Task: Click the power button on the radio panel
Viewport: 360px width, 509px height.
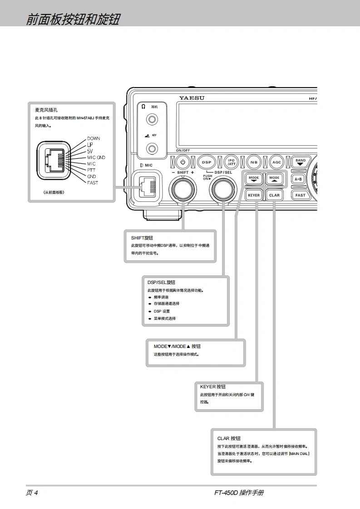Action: pyautogui.click(x=182, y=162)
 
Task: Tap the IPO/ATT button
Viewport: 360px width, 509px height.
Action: pyautogui.click(x=231, y=162)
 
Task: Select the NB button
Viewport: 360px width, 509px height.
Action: pyautogui.click(x=254, y=162)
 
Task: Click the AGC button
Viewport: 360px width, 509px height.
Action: pyautogui.click(x=276, y=162)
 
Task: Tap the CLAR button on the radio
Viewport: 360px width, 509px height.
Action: pyautogui.click(x=274, y=195)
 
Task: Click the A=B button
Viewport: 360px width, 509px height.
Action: pyautogui.click(x=298, y=179)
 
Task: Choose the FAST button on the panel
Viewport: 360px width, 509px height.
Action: pyautogui.click(x=300, y=195)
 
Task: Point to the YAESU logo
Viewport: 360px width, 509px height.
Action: pyautogui.click(x=192, y=98)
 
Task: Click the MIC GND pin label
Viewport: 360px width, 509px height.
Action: pyautogui.click(x=96, y=157)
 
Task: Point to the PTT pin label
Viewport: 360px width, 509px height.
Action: pyautogui.click(x=91, y=170)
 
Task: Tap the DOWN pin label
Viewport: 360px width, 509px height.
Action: pyautogui.click(x=94, y=138)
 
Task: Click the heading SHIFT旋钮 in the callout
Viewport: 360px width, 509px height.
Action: pyautogui.click(x=142, y=238)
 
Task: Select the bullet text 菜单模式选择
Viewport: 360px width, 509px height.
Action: pyautogui.click(x=164, y=318)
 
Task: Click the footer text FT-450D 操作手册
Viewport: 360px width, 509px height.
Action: pyautogui.click(x=239, y=493)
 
